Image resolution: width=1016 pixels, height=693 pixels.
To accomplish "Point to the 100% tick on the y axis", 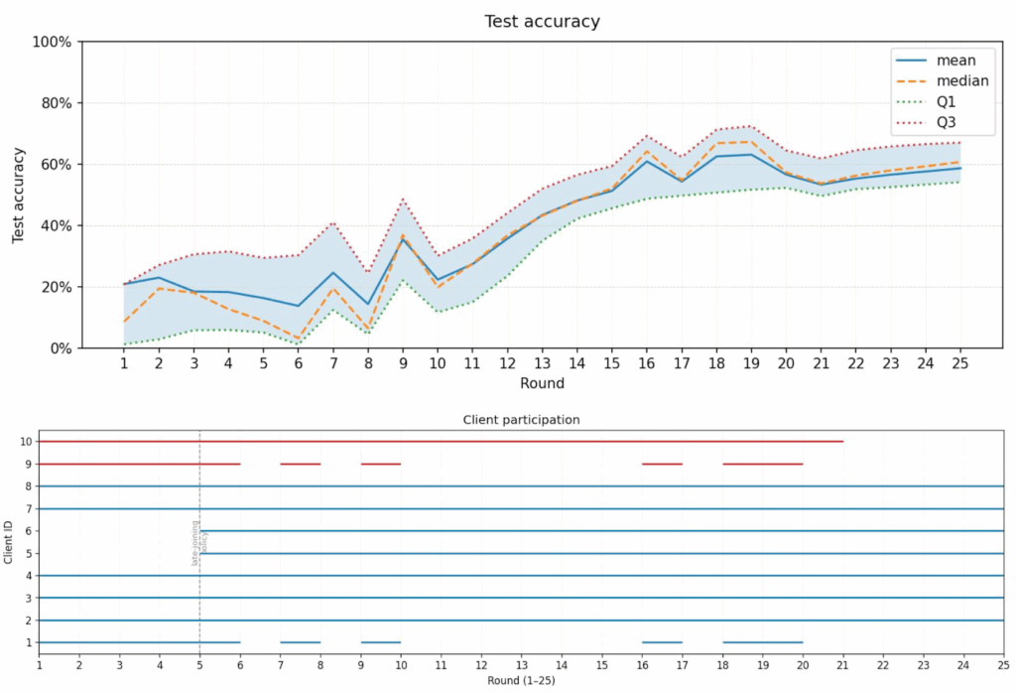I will click(53, 42).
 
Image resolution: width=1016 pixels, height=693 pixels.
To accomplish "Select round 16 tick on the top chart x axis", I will click(647, 365).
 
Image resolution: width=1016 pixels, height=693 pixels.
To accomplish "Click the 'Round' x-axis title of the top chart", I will click(542, 383).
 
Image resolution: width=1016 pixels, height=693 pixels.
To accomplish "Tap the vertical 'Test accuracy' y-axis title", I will click(18, 195).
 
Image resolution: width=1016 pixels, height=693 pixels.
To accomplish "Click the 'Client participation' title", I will click(521, 420).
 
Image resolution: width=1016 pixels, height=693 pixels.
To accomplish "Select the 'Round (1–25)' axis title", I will click(521, 681).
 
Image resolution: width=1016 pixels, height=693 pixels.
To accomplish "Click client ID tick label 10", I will click(27, 441).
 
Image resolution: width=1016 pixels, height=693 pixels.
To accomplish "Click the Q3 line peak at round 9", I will click(403, 200).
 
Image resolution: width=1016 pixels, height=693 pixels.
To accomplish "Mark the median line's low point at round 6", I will click(299, 339).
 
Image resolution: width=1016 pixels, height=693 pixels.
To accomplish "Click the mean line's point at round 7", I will click(333, 273).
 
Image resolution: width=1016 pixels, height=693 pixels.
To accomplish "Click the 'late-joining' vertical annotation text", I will click(194, 542).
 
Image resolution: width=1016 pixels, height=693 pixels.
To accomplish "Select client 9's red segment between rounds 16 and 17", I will click(662, 464).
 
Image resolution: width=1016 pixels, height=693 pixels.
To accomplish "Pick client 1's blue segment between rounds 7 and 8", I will click(300, 642).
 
